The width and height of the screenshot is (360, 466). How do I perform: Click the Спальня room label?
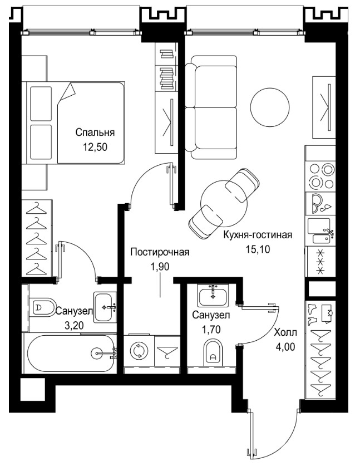(x=95, y=133)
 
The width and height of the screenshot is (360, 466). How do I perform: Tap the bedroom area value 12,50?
(x=95, y=147)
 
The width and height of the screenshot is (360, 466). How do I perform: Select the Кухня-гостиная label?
(x=258, y=235)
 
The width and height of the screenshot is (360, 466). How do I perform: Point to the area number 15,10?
(x=258, y=249)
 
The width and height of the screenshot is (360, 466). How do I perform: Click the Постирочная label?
(x=160, y=252)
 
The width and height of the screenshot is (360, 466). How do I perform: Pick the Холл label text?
(x=285, y=332)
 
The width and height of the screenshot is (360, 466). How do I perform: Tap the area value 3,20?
(x=74, y=326)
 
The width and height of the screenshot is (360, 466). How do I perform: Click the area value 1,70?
(x=211, y=329)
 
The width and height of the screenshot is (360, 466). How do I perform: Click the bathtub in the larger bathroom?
(x=71, y=353)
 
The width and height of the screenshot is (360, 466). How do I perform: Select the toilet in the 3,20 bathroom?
(x=43, y=307)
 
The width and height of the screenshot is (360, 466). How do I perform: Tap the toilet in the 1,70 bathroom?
(x=213, y=353)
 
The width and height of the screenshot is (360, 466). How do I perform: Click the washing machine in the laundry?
(x=139, y=351)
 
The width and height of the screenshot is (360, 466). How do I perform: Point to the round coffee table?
(x=270, y=107)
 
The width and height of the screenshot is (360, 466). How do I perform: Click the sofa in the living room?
(x=210, y=107)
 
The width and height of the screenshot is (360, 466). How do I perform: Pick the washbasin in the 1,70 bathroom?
(x=213, y=296)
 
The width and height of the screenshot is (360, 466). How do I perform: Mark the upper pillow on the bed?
(x=41, y=104)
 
